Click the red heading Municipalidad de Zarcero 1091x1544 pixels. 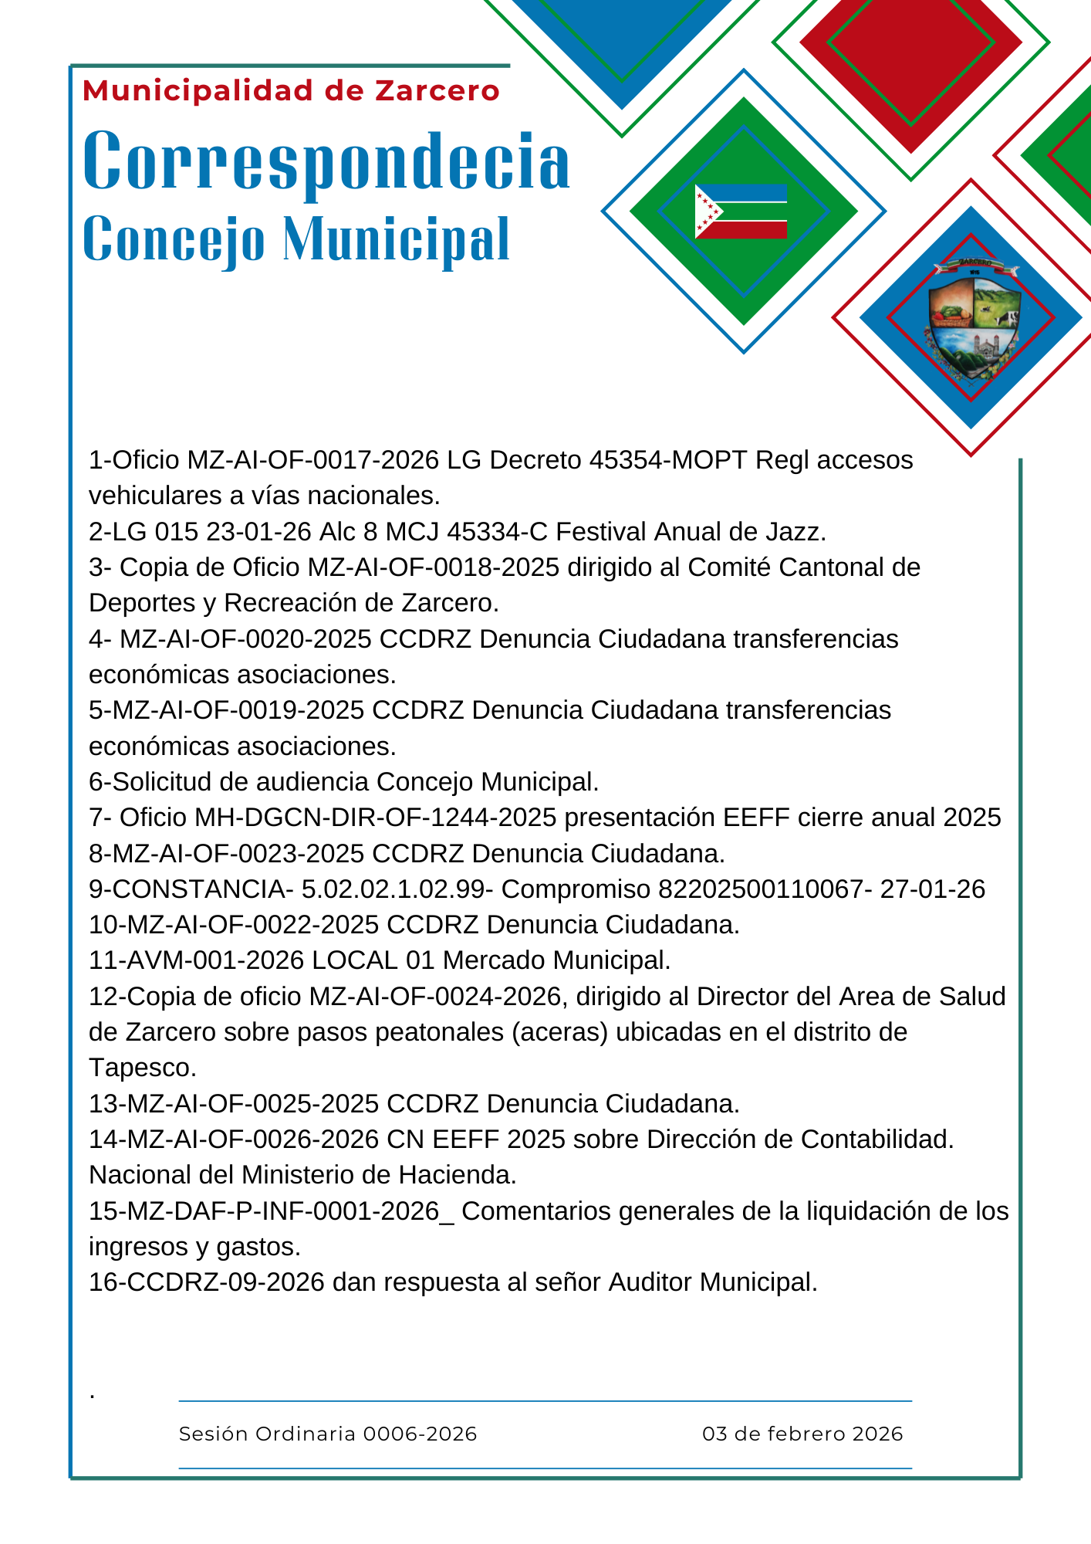point(291,91)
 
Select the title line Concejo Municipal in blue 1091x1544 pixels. point(296,239)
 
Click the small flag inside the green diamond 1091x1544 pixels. point(741,212)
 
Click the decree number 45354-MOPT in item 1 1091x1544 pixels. point(668,460)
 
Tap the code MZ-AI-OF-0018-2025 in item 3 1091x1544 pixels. point(433,567)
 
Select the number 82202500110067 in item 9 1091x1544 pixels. point(760,889)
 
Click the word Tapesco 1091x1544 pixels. point(143,1068)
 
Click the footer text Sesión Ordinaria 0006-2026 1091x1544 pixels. point(328,1434)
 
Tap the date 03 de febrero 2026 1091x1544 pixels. point(802,1434)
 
